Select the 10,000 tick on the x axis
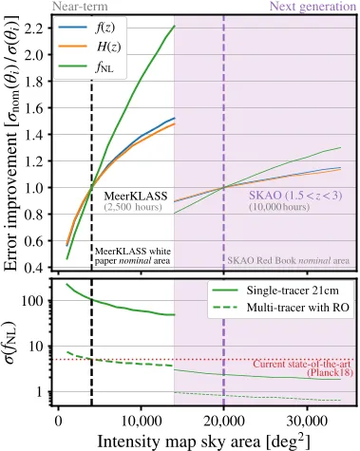point(141,421)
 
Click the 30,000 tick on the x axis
point(304,421)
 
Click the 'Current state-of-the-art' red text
point(303,364)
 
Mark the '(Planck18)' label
point(327,374)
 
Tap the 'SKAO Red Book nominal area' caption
point(288,259)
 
